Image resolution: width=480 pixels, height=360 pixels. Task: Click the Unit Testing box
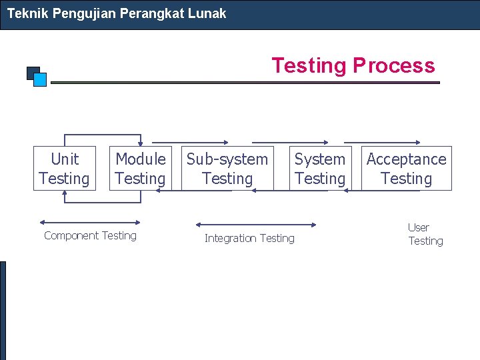pyautogui.click(x=65, y=169)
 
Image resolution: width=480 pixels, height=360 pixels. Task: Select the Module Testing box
pyautogui.click(x=140, y=169)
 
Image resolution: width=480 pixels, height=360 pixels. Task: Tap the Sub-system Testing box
pyautogui.click(x=227, y=169)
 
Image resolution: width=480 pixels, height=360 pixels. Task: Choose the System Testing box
pyautogui.click(x=320, y=169)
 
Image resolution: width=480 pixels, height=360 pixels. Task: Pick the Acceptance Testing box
pyautogui.click(x=407, y=169)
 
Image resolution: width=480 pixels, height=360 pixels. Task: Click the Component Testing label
pyautogui.click(x=90, y=235)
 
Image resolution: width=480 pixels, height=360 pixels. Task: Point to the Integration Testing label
pyautogui.click(x=249, y=238)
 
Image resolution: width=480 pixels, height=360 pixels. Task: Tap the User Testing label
pyautogui.click(x=425, y=234)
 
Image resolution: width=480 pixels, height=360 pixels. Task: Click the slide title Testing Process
pyautogui.click(x=353, y=65)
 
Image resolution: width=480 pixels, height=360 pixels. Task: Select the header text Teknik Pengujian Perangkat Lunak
pyautogui.click(x=117, y=13)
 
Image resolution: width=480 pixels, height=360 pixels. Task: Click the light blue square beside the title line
pyautogui.click(x=40, y=80)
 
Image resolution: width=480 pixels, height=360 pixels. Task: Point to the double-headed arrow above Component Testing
pyautogui.click(x=90, y=223)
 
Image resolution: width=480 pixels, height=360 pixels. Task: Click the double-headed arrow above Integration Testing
pyautogui.click(x=256, y=225)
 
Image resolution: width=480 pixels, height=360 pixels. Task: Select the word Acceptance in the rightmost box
pyautogui.click(x=407, y=159)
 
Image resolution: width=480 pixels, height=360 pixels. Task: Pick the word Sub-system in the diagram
pyautogui.click(x=227, y=159)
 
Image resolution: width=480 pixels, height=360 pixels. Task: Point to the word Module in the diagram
pyautogui.click(x=141, y=159)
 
